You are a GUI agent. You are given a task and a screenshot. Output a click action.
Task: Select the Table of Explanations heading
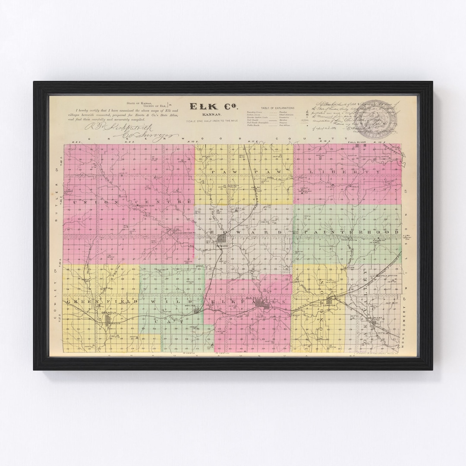tap(277, 108)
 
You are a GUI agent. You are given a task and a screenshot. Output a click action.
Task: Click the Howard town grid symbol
tap(223, 250)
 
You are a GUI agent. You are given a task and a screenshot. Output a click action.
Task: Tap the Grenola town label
tap(106, 312)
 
